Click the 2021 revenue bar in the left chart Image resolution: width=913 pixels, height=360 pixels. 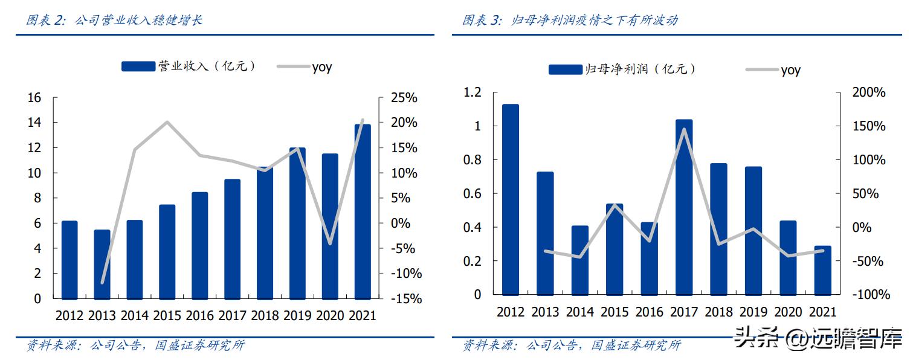click(x=363, y=211)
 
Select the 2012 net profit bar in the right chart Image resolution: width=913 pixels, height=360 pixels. click(x=511, y=199)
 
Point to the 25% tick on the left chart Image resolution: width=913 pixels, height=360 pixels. click(x=402, y=98)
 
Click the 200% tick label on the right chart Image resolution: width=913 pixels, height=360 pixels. click(x=868, y=92)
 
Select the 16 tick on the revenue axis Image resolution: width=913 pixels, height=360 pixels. click(x=34, y=98)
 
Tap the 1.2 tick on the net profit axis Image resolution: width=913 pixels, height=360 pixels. click(x=473, y=92)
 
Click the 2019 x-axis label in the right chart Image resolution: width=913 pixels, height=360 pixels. click(x=753, y=312)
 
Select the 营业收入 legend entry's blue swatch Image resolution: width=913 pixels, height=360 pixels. click(x=138, y=66)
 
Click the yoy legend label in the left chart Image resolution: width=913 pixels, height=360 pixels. click(x=322, y=66)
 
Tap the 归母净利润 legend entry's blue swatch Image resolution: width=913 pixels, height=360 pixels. click(x=565, y=69)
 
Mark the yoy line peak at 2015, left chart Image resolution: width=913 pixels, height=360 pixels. click(x=167, y=122)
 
